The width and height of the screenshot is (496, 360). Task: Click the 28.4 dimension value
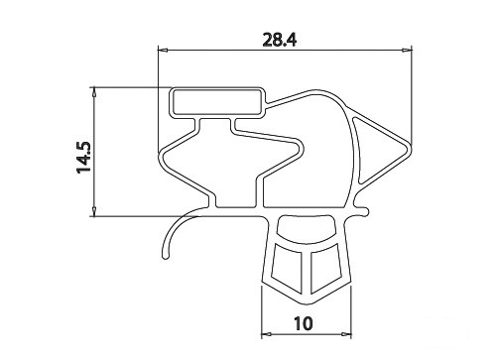tap(280, 40)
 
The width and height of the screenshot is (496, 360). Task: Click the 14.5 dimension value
tap(83, 158)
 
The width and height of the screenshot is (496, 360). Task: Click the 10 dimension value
tap(303, 323)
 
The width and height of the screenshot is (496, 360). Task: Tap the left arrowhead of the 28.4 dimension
tap(163, 51)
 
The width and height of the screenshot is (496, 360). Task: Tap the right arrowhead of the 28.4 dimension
tap(407, 51)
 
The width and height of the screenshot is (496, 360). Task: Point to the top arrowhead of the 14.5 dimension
tap(94, 92)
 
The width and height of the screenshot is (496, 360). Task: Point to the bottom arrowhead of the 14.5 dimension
tap(94, 211)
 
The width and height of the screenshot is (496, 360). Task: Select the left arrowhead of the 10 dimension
tap(267, 334)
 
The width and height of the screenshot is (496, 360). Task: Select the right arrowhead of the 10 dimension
tap(346, 334)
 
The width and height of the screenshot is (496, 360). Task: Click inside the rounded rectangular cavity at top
tap(216, 102)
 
